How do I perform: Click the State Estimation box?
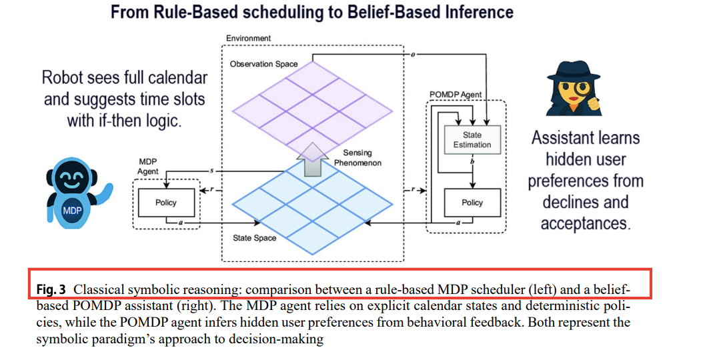[x=472, y=139]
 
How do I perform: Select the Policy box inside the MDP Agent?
[x=165, y=203]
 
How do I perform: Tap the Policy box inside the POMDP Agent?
[x=472, y=203]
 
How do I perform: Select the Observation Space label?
[x=263, y=64]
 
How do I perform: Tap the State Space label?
[x=254, y=238]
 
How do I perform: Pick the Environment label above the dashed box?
[x=248, y=38]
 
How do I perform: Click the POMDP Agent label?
[x=455, y=95]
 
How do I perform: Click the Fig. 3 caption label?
[x=51, y=290]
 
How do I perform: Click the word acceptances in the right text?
[x=585, y=223]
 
